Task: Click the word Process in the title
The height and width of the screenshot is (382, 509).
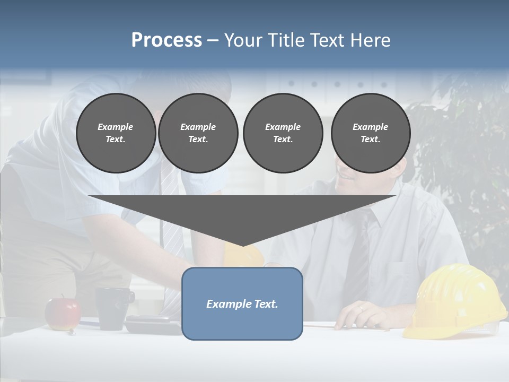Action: [166, 40]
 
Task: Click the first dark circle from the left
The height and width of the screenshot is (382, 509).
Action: [116, 133]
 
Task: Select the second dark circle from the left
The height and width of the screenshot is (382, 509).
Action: [198, 133]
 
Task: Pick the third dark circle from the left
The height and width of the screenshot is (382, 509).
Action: [283, 133]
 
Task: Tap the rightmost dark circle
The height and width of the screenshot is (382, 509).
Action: [370, 133]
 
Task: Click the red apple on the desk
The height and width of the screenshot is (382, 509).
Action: [62, 314]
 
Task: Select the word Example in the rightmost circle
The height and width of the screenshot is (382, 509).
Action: [370, 127]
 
